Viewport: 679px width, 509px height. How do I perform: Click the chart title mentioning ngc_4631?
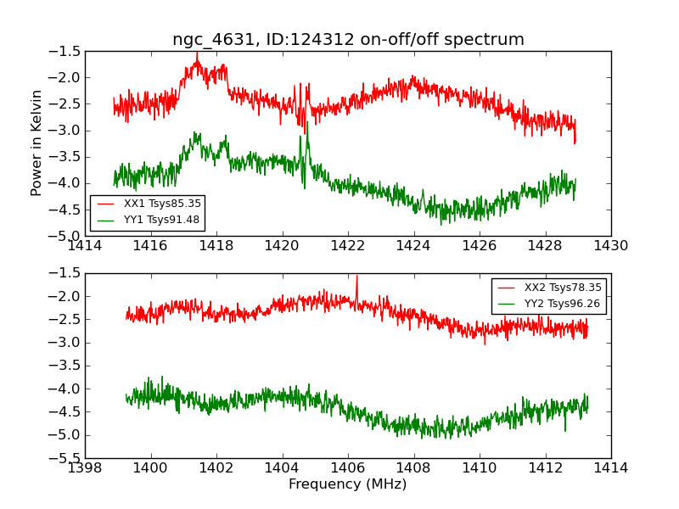tap(348, 40)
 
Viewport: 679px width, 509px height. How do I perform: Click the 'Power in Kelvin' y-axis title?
tap(36, 143)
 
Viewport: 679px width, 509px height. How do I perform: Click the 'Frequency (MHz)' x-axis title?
tap(347, 484)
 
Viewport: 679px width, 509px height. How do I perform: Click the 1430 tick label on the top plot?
tap(610, 246)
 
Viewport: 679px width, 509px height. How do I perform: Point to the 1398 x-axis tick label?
tap(86, 468)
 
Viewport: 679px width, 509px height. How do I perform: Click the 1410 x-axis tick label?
tap(479, 468)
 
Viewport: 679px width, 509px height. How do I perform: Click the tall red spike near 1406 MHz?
tap(356, 277)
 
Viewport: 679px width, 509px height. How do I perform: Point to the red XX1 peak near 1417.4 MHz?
tap(197, 54)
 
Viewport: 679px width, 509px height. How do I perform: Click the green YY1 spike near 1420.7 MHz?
tap(306, 123)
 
